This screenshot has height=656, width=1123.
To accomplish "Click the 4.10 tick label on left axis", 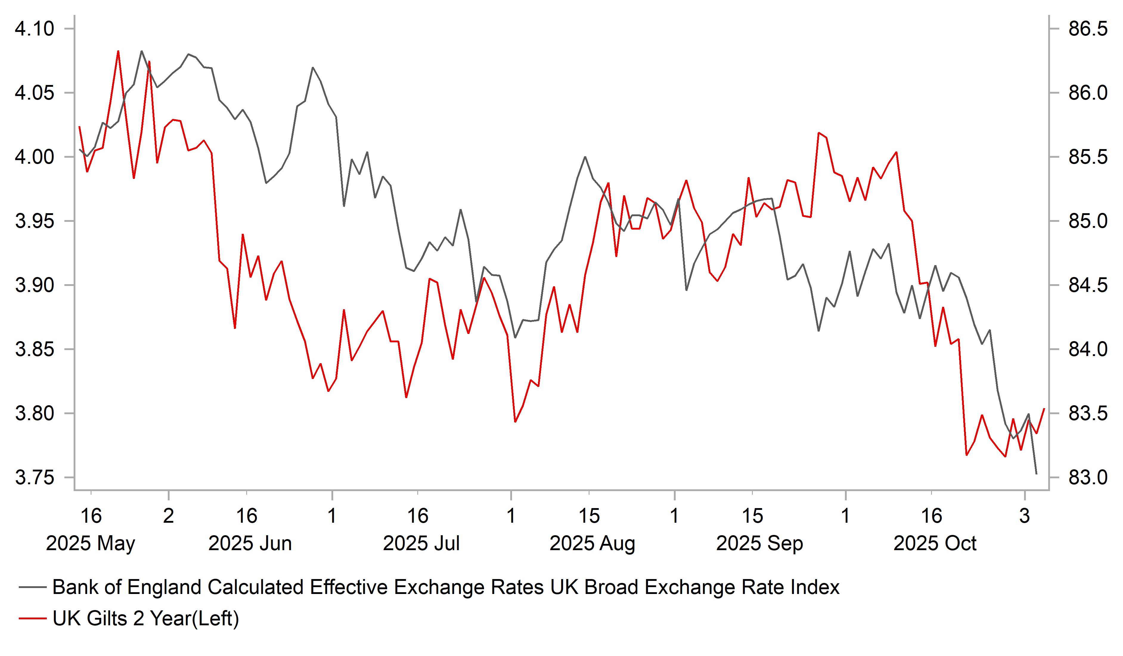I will coord(34,29).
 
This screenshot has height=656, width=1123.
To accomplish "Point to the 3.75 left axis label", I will coord(34,478).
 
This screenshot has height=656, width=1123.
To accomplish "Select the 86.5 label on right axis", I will coord(1087,29).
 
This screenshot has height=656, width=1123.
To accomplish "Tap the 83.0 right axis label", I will coord(1087,478).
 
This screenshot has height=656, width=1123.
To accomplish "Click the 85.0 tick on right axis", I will coord(1087,221).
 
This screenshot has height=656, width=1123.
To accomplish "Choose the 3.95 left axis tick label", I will coord(34,221).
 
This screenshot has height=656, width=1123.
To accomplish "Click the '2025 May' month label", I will coord(91,543).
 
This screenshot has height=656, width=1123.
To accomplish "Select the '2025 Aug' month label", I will coord(592,543).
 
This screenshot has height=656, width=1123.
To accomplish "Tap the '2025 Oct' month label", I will coord(935,543).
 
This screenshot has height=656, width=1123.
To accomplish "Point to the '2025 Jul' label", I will coord(421,543).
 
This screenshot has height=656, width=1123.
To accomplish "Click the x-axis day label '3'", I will coord(1025,516).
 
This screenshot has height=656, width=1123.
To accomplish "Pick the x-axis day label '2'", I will coord(168,516).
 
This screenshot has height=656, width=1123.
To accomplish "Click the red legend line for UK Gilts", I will coord(32,618).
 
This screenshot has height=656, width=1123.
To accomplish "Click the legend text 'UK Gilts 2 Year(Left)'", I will coord(146,618).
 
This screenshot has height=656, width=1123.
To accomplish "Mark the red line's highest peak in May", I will coord(118,51).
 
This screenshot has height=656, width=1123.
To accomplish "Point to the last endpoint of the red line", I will coord(1044,409).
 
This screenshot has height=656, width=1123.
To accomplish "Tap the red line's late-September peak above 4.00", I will coord(819,133).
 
